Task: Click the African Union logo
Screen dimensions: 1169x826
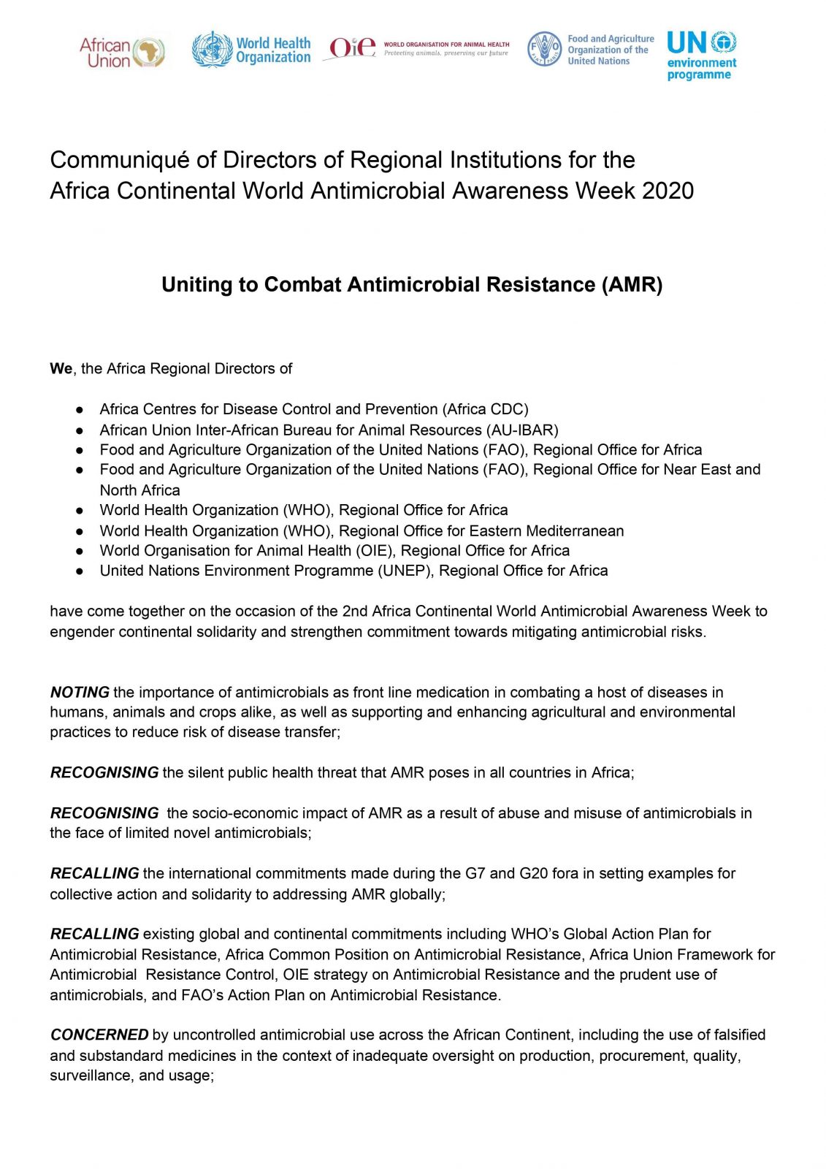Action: [x=122, y=53]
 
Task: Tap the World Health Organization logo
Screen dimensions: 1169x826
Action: [x=251, y=50]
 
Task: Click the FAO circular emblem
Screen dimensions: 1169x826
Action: [x=544, y=49]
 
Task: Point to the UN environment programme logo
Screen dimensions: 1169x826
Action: [x=701, y=55]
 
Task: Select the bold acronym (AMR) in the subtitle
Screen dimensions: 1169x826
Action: [x=632, y=284]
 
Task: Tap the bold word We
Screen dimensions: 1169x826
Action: [x=61, y=369]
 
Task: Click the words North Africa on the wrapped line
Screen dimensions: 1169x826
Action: [x=139, y=490]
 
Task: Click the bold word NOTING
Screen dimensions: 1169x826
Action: [x=80, y=692]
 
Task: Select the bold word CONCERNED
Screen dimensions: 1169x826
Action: [x=99, y=1035]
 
